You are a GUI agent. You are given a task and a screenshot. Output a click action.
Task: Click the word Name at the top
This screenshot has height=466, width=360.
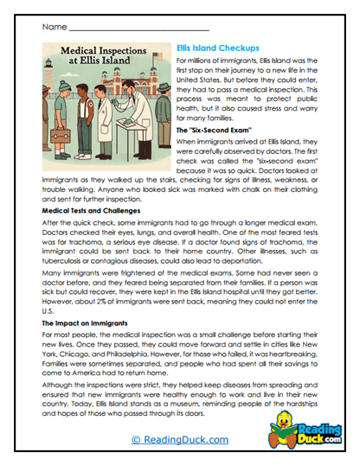[54, 27]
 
